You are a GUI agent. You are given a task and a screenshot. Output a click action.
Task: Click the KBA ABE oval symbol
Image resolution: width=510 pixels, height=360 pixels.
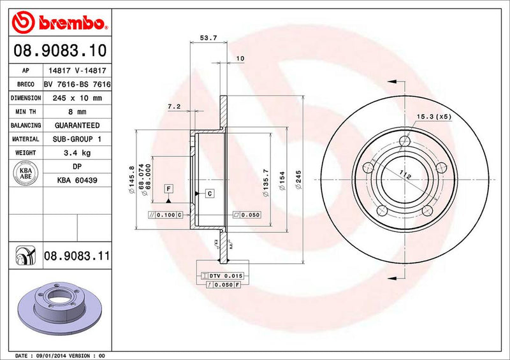(x=25, y=173)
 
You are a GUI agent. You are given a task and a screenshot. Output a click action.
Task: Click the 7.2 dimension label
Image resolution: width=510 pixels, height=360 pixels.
(x=174, y=106)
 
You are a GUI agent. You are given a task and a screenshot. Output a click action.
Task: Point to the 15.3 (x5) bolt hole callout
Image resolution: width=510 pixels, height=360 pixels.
(x=433, y=117)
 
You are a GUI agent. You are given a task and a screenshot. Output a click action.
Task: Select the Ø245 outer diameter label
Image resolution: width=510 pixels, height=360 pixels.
(x=298, y=181)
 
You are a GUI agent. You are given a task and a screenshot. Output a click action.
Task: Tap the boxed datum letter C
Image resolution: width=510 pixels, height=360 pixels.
(x=208, y=192)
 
